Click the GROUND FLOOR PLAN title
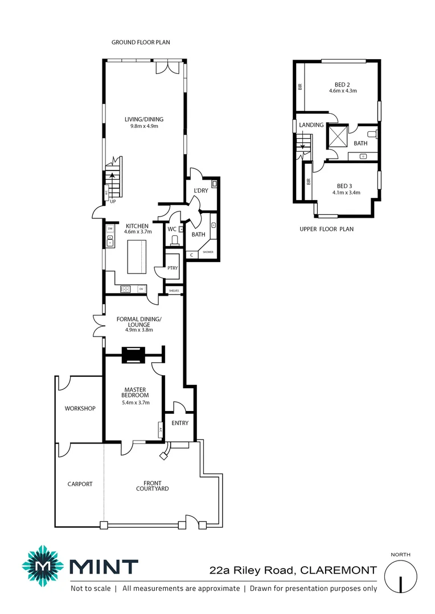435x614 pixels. (x=141, y=42)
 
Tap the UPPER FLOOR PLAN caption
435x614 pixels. (x=326, y=229)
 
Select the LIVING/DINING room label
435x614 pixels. (x=144, y=119)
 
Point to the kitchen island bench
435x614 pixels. (x=136, y=256)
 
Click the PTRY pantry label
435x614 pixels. (x=173, y=268)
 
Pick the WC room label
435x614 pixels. (x=171, y=230)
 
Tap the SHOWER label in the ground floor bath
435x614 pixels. (x=207, y=251)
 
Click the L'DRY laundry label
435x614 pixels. (x=200, y=190)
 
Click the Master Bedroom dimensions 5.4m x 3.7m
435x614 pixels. (x=136, y=403)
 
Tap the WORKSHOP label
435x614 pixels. (x=80, y=408)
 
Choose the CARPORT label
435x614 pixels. (x=80, y=484)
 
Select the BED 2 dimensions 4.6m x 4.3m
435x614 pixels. (x=343, y=90)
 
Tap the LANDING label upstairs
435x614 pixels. (x=311, y=125)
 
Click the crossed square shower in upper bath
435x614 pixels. (x=335, y=136)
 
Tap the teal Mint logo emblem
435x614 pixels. (x=42, y=566)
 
